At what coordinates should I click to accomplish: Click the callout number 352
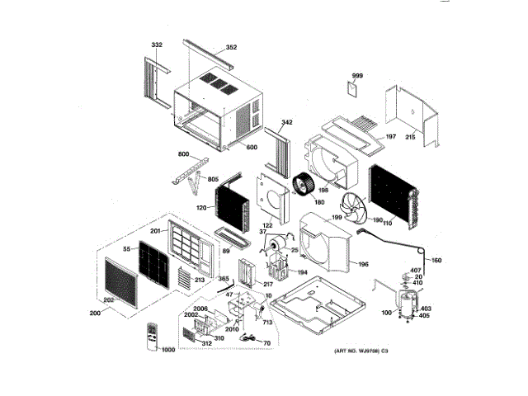[x=231, y=47]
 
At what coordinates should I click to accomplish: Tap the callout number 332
[x=158, y=43]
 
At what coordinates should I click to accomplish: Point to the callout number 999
[x=357, y=76]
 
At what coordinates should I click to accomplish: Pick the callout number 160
[x=436, y=261]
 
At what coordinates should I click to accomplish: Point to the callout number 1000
[x=168, y=351]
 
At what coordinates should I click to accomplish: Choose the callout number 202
[x=108, y=299]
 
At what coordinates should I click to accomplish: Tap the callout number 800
[x=184, y=155]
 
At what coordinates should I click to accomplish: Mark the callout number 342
[x=286, y=122]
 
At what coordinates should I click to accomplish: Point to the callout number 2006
[x=200, y=309]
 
